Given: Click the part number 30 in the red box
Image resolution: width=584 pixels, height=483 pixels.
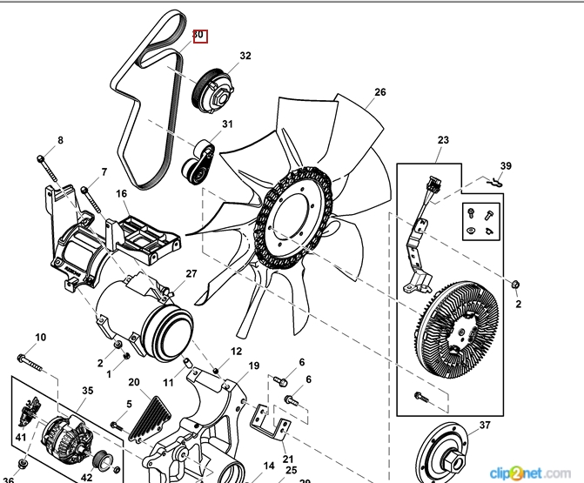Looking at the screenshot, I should [x=198, y=35].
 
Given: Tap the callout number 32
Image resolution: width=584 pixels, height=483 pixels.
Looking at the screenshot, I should [x=245, y=56].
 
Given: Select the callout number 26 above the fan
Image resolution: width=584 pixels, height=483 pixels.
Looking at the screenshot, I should [x=379, y=92].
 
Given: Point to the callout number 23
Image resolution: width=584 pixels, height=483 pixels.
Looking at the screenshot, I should [x=443, y=140].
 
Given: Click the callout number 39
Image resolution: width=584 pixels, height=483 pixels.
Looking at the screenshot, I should [x=506, y=165].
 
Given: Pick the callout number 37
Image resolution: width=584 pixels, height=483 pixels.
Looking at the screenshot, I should [x=486, y=425].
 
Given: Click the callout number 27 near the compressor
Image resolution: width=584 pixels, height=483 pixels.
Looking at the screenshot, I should [x=191, y=274].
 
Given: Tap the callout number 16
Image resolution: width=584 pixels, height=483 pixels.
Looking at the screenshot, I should [x=121, y=193].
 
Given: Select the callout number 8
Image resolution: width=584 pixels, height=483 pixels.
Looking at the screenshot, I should [x=61, y=140].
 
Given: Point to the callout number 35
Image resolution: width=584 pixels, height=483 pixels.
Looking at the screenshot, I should [x=87, y=391].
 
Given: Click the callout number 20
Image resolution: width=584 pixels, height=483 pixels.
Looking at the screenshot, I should [x=133, y=382].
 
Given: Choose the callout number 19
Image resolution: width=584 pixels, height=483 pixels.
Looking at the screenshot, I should [x=254, y=366].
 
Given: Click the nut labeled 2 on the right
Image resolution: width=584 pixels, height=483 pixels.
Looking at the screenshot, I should [x=516, y=285].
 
